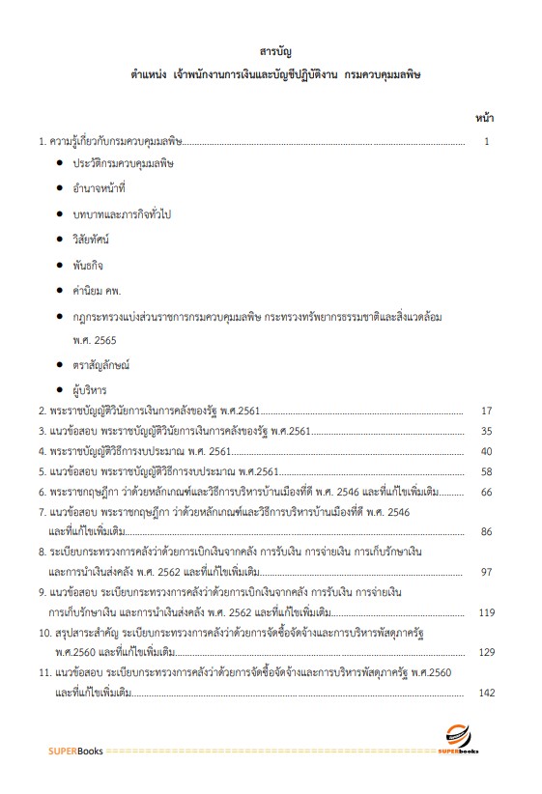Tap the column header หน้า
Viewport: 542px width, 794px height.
point(485,118)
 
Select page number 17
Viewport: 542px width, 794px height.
point(487,411)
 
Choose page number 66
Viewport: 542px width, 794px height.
point(487,492)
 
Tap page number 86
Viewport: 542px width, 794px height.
point(487,532)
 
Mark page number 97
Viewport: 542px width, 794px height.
point(487,572)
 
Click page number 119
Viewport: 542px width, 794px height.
point(486,612)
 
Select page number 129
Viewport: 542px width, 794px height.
point(486,653)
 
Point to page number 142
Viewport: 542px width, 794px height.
point(486,693)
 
